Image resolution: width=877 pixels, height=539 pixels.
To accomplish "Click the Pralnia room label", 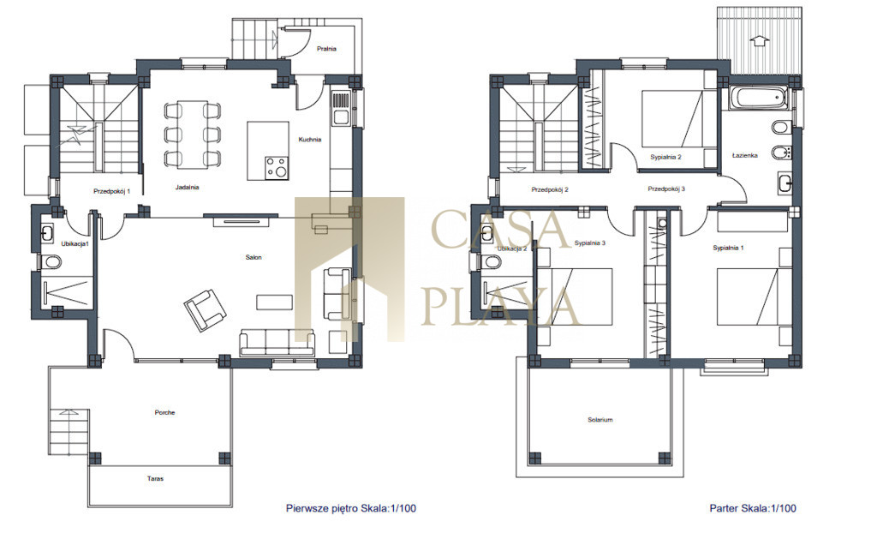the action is click(326, 49).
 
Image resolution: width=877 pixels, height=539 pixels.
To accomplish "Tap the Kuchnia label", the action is click(310, 140).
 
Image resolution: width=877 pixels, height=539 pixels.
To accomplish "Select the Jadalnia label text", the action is click(188, 187).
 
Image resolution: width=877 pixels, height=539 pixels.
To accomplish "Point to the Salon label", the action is click(254, 257).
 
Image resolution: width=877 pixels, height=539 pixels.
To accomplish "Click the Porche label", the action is click(165, 412).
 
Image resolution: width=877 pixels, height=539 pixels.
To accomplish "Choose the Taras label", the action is click(156, 478).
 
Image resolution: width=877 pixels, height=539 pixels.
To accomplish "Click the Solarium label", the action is click(600, 419).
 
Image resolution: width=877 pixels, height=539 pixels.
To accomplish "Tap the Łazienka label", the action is click(745, 155).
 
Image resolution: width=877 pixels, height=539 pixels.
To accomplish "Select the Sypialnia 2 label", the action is click(665, 158).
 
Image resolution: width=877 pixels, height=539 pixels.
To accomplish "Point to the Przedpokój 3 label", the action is click(666, 189).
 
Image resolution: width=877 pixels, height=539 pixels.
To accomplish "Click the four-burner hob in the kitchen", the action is click(277, 167).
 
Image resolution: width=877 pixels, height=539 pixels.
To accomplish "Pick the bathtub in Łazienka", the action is click(759, 99).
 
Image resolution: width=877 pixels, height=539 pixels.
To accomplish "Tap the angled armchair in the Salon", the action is click(206, 310).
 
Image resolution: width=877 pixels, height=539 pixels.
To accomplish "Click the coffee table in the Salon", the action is click(274, 302).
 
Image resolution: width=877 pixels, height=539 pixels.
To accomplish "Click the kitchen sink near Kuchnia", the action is click(340, 108).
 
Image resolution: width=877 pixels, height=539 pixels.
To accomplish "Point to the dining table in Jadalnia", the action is click(192, 135).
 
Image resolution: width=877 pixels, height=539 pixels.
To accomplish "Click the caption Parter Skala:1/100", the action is click(753, 508).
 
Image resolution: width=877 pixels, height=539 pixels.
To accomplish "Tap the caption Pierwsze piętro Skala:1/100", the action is click(351, 508).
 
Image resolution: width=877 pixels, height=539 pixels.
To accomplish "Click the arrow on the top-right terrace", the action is click(759, 40).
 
